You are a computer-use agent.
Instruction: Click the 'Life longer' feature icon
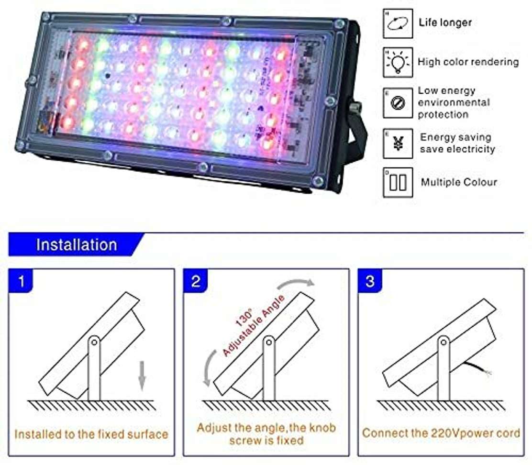click(398, 23)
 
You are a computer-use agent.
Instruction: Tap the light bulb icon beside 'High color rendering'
click(398, 62)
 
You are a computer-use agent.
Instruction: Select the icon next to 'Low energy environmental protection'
click(398, 103)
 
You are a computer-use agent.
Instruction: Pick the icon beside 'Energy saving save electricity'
click(398, 143)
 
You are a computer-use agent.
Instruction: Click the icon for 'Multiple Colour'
click(398, 182)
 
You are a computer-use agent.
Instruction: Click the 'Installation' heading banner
click(77, 244)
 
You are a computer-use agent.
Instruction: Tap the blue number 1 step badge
click(21, 281)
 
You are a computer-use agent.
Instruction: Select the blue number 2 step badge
click(195, 281)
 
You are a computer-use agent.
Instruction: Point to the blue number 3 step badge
click(370, 281)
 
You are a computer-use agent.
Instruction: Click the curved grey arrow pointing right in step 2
click(296, 283)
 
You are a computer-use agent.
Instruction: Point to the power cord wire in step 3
click(477, 368)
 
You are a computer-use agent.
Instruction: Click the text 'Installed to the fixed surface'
click(91, 434)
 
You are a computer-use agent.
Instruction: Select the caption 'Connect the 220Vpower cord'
click(441, 433)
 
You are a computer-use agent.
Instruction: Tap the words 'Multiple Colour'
click(459, 182)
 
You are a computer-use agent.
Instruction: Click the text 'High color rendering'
click(468, 62)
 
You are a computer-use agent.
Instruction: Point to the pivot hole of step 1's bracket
click(94, 342)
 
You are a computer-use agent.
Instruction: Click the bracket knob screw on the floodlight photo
click(355, 108)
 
